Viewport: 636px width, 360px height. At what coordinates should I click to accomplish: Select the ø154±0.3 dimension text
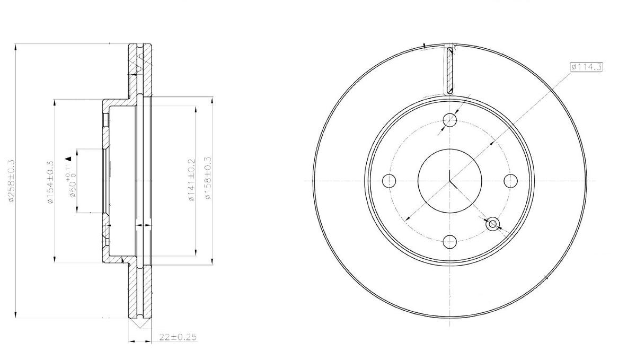(50, 182)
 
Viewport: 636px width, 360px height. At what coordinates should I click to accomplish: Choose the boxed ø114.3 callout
(586, 67)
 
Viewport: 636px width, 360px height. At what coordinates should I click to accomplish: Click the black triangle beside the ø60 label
(68, 158)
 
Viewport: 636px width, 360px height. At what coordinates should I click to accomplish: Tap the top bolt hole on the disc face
(450, 119)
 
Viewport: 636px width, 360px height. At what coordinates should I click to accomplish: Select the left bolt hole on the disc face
(389, 181)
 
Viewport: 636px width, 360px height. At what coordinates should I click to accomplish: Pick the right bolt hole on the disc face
(510, 181)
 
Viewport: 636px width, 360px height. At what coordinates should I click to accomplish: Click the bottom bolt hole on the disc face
(450, 242)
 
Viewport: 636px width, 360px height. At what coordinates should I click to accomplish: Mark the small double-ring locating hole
(493, 224)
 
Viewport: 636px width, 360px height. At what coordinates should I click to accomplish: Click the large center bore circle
(450, 181)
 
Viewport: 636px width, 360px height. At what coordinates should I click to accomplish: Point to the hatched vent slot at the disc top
(450, 71)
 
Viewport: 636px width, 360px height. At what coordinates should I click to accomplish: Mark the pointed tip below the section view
(140, 327)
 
